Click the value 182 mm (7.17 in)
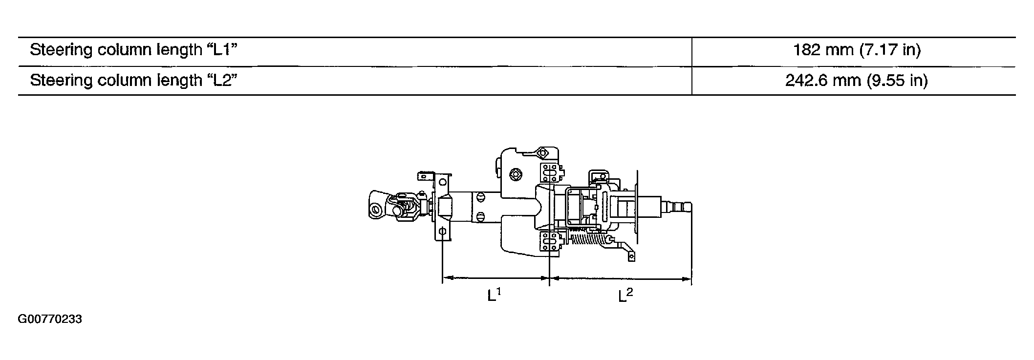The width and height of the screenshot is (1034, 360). pyautogui.click(x=857, y=50)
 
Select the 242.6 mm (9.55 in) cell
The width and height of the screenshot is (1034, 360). pyautogui.click(x=856, y=80)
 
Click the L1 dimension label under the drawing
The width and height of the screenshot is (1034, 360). pyautogui.click(x=494, y=295)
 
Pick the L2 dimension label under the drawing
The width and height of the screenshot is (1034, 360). pyautogui.click(x=625, y=295)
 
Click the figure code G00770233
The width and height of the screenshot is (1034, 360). pyautogui.click(x=50, y=319)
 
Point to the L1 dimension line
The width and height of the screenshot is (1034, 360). pyautogui.click(x=495, y=278)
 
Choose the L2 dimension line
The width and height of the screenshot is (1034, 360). pyautogui.click(x=620, y=279)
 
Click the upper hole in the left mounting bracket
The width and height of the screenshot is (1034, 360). pyautogui.click(x=442, y=182)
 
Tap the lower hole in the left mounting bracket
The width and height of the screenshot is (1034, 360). pyautogui.click(x=442, y=232)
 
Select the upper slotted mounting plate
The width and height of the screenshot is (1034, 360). pyautogui.click(x=550, y=172)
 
